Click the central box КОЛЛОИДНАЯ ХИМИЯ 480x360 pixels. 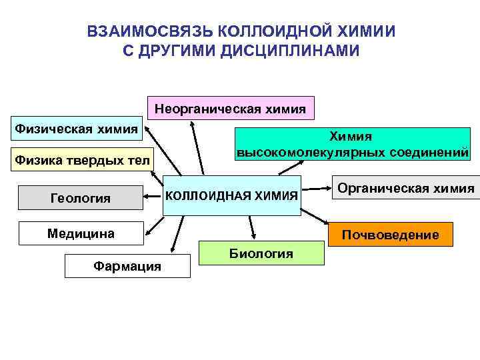(231, 195)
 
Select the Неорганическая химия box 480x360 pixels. (230, 107)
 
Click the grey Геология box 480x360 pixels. (81, 197)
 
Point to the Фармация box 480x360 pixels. (127, 266)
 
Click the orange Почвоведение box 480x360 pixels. (390, 235)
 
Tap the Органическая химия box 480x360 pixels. (405, 189)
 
